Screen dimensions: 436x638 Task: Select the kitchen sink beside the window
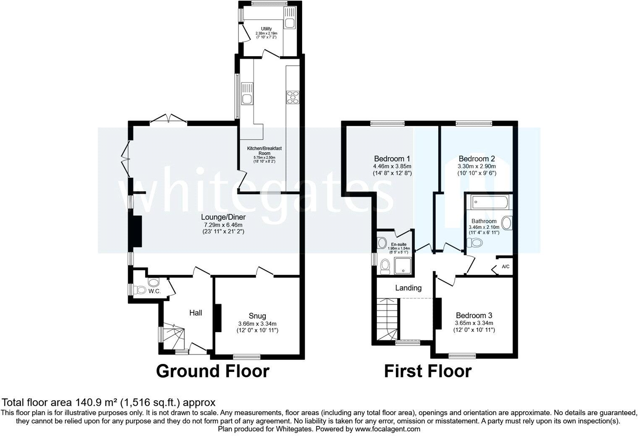pos(247,99)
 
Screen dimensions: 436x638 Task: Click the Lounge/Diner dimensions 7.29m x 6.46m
pos(223,225)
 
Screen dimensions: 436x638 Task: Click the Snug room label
pos(257,316)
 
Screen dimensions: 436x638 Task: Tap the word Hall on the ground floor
pos(196,313)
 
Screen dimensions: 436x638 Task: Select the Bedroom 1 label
pos(392,159)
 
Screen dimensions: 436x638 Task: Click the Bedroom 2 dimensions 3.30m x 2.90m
pos(476,166)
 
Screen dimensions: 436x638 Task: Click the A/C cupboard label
pos(506,267)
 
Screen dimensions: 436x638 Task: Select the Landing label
pos(408,288)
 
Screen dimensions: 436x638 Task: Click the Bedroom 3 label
pos(474,315)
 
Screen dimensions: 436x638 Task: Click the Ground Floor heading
pos(212,371)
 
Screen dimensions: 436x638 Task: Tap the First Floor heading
pos(428,371)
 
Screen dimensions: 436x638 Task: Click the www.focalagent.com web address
pos(387,429)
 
